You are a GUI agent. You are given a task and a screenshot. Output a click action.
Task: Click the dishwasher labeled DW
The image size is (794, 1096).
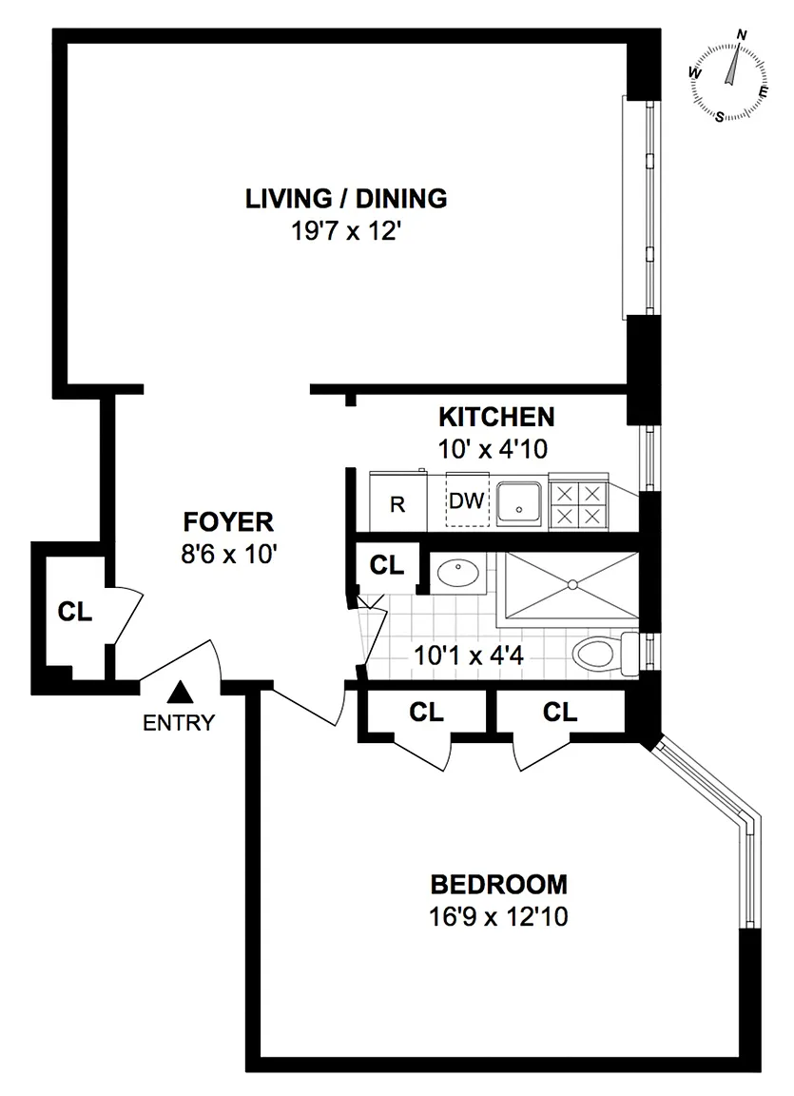click(x=467, y=500)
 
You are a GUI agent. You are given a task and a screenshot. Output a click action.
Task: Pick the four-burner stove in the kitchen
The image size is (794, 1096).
click(x=578, y=504)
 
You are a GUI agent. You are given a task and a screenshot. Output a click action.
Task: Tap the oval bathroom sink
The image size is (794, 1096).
click(x=457, y=574)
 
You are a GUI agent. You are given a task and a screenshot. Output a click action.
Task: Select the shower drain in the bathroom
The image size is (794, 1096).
click(x=571, y=583)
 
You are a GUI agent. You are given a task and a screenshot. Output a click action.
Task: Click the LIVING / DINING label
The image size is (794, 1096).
click(x=346, y=199)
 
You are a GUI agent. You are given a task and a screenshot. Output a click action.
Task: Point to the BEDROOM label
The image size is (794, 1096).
click(x=498, y=884)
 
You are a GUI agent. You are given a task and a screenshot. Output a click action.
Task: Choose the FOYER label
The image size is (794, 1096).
click(x=228, y=522)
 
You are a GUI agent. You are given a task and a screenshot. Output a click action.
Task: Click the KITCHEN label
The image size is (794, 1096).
click(x=496, y=417)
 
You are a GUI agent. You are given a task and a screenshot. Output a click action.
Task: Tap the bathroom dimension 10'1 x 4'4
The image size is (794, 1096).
click(x=469, y=656)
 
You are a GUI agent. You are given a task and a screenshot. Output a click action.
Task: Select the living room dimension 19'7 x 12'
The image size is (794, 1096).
click(x=346, y=230)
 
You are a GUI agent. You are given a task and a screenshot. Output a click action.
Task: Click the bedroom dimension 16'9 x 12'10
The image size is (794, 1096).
click(x=498, y=915)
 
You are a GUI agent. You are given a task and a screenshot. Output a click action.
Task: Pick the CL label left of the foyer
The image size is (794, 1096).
click(x=75, y=612)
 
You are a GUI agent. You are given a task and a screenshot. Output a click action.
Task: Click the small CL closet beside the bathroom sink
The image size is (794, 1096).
click(x=387, y=565)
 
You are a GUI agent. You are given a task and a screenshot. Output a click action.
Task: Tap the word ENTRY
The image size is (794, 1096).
click(x=179, y=723)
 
